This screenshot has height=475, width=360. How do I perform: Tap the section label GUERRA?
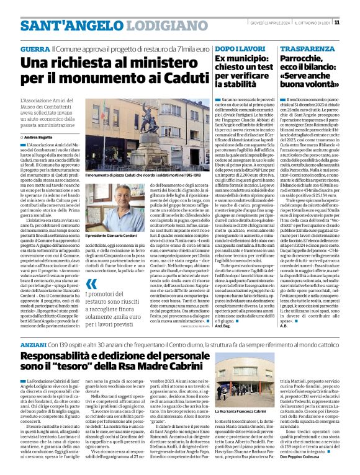(35, 48)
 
